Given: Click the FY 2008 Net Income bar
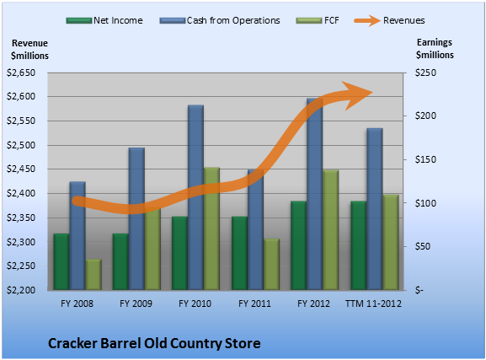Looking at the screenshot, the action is pos(61,261).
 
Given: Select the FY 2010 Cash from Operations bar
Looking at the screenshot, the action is pos(196,197).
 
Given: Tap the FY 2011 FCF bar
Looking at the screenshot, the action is pos(271,265).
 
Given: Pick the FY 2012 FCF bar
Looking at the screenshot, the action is pos(331,230).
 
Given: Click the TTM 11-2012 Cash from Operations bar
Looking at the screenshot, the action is pos(375,209).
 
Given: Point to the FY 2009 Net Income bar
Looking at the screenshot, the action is pos(120,261).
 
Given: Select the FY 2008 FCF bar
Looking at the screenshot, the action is pos(93,275).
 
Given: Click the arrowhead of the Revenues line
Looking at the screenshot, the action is pos(360,95).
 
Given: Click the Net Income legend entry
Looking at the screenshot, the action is pos(104,20).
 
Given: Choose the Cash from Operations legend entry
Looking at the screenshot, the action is pos(220,20).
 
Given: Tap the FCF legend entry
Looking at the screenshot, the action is pos(318,20).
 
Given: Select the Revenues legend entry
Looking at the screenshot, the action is pos(390,20).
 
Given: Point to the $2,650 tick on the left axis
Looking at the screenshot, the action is pos(21,73).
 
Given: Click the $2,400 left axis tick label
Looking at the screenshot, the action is pos(21,193).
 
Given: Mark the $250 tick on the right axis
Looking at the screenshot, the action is pos(425,73).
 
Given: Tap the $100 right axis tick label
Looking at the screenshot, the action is pos(425,203).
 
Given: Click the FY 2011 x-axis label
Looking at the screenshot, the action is pos(254,304).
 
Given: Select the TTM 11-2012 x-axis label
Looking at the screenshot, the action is pos(373,304).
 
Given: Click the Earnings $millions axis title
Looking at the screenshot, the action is pos(435,48).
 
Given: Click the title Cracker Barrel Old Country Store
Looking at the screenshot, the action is pos(154,343).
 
